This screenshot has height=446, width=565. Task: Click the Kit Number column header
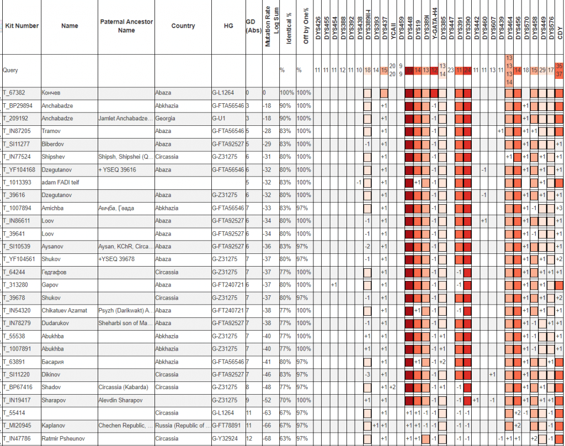[x=22, y=26]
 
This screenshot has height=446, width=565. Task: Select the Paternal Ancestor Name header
[x=126, y=26]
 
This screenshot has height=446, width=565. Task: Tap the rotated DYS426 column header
[x=317, y=28]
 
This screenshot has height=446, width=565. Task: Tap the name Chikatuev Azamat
[x=64, y=310]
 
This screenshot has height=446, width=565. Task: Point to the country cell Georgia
[x=165, y=118]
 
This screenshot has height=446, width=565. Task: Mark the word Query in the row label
[x=10, y=71]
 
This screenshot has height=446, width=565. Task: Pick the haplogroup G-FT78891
[x=227, y=426]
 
